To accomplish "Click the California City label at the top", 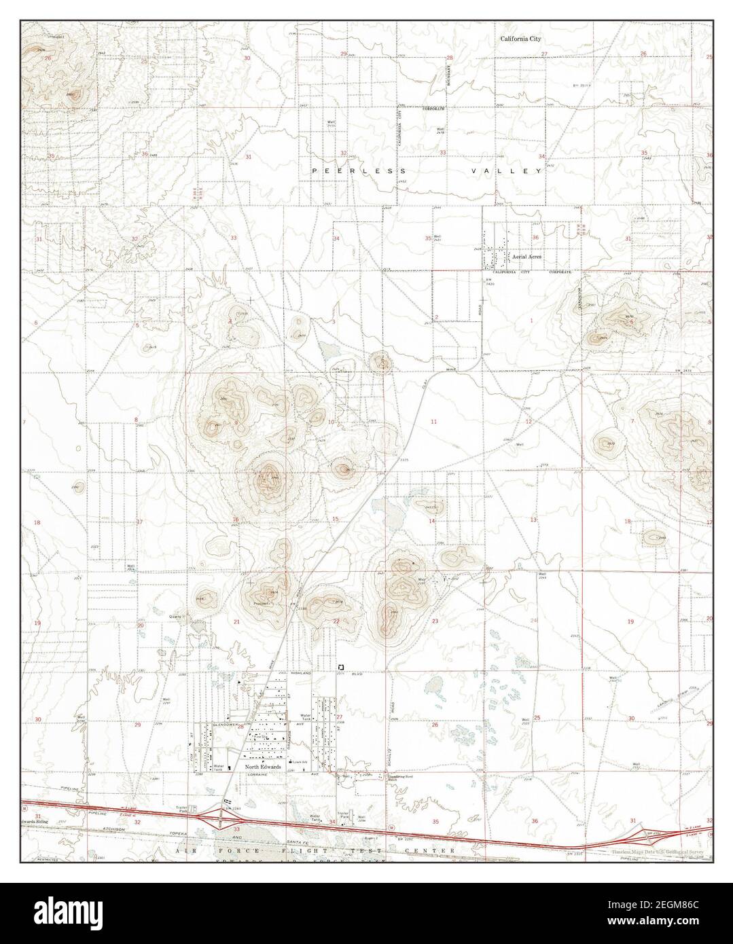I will pyautogui.click(x=520, y=39).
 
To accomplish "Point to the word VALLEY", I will pyautogui.click(x=507, y=171).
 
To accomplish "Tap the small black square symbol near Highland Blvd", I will pyautogui.click(x=341, y=668).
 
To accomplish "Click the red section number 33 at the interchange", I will pyautogui.click(x=236, y=829).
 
